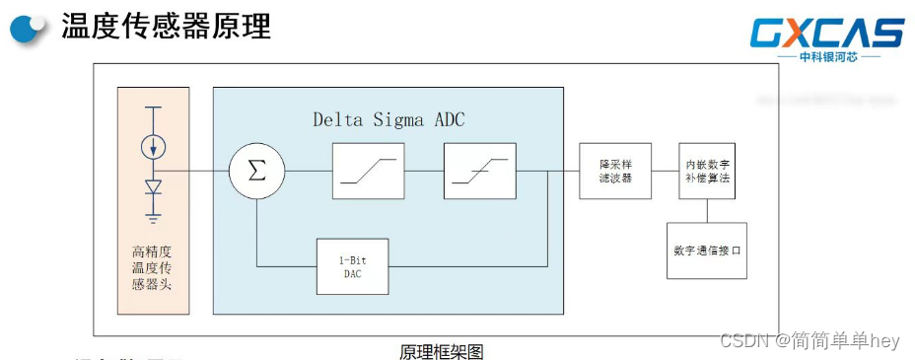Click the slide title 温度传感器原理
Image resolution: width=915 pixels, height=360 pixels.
(166, 27)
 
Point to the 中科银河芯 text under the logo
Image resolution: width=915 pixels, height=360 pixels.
(826, 57)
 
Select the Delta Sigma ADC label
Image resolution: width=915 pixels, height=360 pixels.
(388, 120)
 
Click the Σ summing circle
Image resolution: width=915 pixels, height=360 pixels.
(256, 170)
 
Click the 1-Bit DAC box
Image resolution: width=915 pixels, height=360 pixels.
(352, 266)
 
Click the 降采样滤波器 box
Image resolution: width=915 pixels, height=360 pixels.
(614, 170)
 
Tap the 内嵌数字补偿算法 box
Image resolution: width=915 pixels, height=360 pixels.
(708, 170)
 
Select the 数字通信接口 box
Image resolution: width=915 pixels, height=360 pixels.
(706, 251)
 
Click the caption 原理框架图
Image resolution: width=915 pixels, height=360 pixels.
(441, 351)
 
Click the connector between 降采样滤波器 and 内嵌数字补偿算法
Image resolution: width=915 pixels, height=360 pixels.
(666, 170)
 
